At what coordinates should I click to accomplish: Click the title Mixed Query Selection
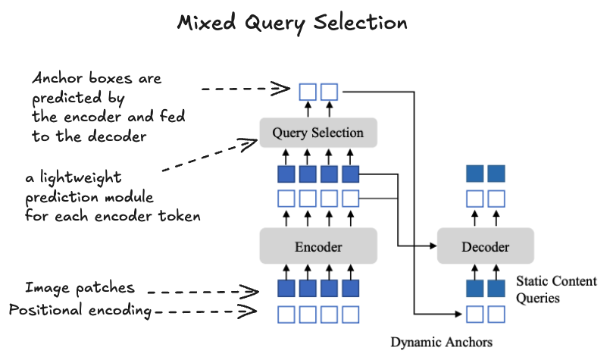pyautogui.click(x=292, y=23)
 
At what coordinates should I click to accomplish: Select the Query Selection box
pyautogui.click(x=318, y=133)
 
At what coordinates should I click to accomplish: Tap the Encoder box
pyautogui.click(x=318, y=247)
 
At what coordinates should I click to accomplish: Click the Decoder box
pyautogui.click(x=486, y=247)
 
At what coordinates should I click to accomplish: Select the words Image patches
pyautogui.click(x=80, y=288)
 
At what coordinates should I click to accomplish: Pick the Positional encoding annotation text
pyautogui.click(x=81, y=310)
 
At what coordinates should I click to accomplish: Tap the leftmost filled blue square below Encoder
pyautogui.click(x=286, y=289)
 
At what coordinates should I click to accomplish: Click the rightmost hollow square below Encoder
pyautogui.click(x=350, y=313)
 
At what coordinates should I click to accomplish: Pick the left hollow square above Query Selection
pyautogui.click(x=307, y=92)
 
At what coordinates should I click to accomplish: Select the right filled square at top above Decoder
pyautogui.click(x=496, y=174)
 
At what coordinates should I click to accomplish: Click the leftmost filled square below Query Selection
pyautogui.click(x=286, y=175)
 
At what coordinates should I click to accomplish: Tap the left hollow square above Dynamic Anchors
pyautogui.click(x=474, y=313)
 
